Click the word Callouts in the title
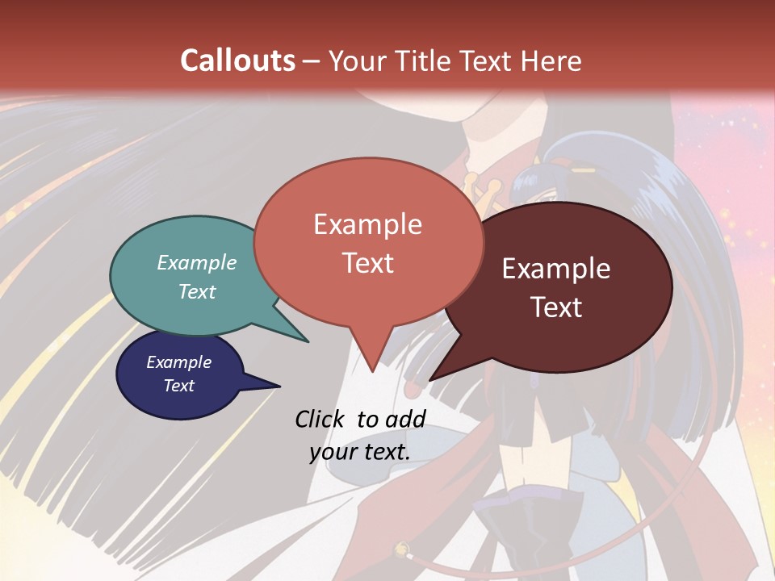237,61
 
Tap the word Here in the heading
552,61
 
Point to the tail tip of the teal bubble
308,341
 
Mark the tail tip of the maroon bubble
431,378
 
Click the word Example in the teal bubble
197,262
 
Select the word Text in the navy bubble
179,386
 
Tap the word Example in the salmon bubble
368,224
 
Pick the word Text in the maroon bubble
556,307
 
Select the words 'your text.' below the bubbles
360,452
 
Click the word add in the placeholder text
405,419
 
